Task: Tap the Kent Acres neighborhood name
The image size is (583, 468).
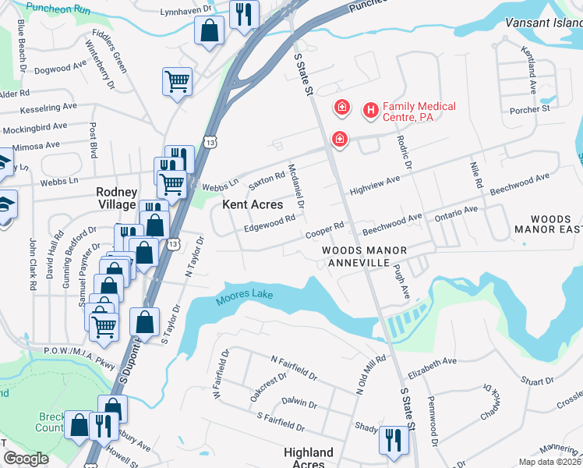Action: tap(253, 204)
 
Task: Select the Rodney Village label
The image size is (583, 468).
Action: tap(116, 198)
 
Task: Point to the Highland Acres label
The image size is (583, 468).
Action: tap(309, 458)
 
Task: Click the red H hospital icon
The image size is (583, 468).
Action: tap(370, 111)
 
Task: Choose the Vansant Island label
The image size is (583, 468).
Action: tap(543, 24)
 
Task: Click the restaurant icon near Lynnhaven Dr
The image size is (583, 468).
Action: tap(244, 13)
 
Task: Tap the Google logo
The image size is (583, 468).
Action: tap(26, 459)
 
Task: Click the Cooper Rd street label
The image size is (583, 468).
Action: tap(325, 230)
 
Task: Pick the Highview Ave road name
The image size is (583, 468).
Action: tap(374, 185)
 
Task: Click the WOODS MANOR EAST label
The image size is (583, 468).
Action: tap(549, 225)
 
